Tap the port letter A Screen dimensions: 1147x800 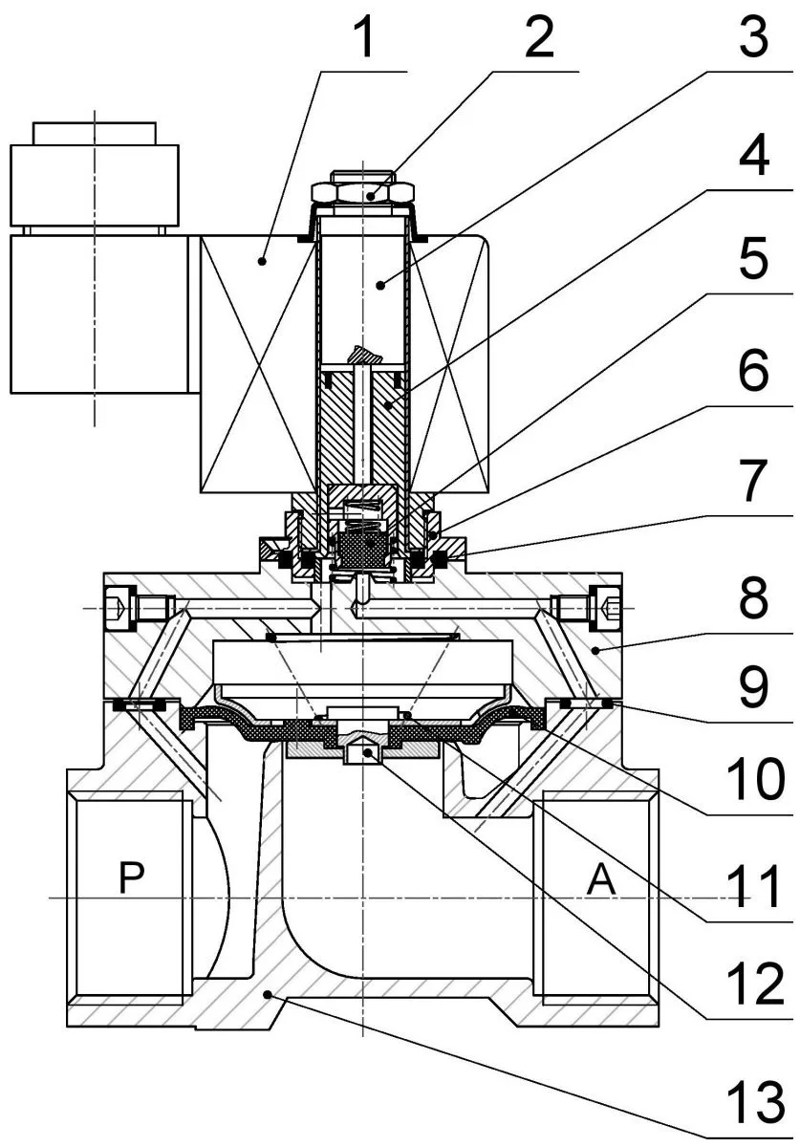600,880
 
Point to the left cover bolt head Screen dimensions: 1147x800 119,607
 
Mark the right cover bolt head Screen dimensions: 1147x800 608,607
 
